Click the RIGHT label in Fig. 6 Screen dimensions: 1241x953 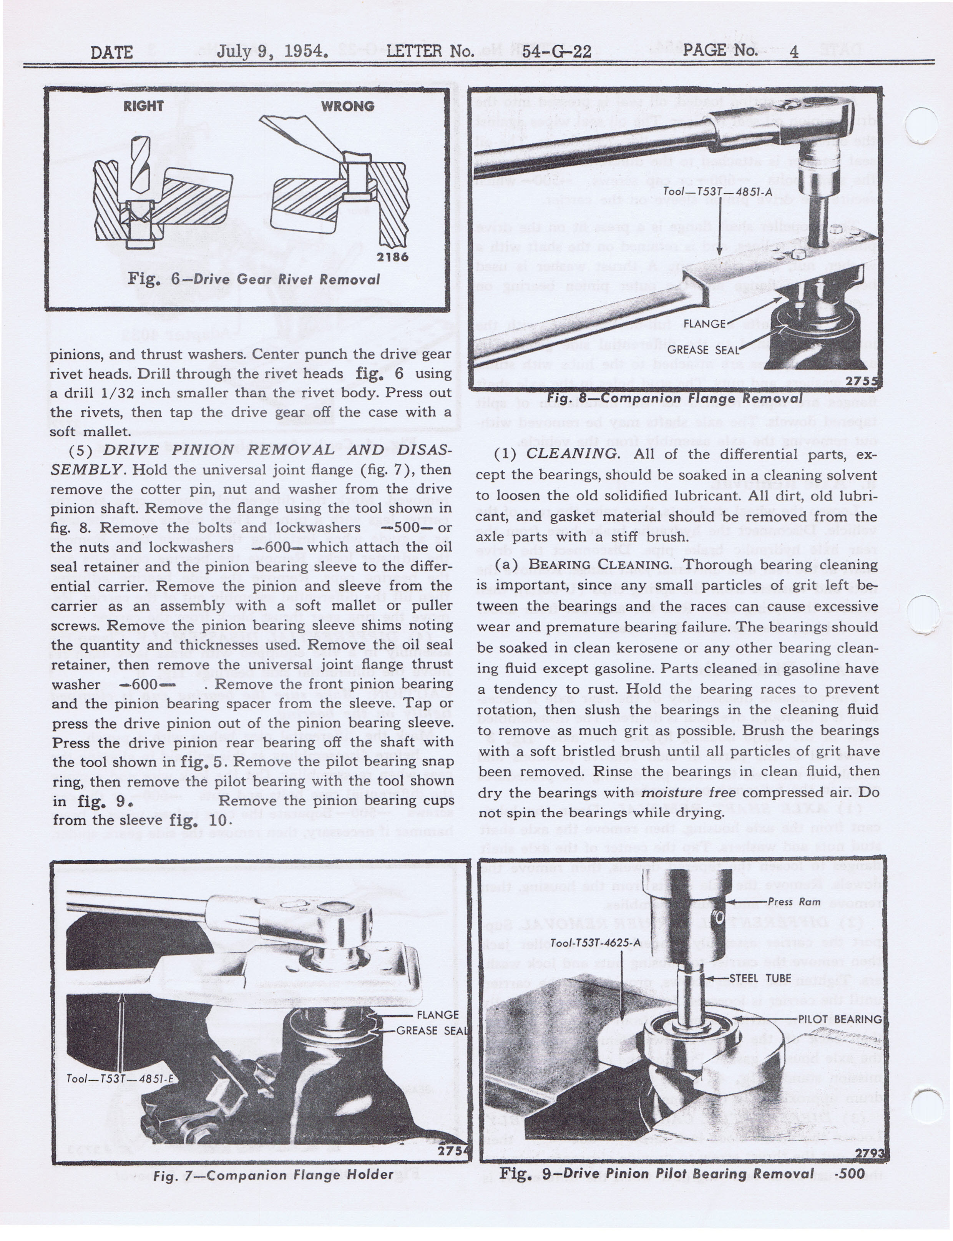tap(143, 106)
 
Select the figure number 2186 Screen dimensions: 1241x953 tap(393, 257)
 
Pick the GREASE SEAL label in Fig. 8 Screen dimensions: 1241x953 tap(703, 350)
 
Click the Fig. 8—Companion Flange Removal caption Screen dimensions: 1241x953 tap(674, 398)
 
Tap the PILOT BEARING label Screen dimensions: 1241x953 tap(840, 1019)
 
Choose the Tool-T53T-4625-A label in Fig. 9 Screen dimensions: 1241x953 tap(595, 943)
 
